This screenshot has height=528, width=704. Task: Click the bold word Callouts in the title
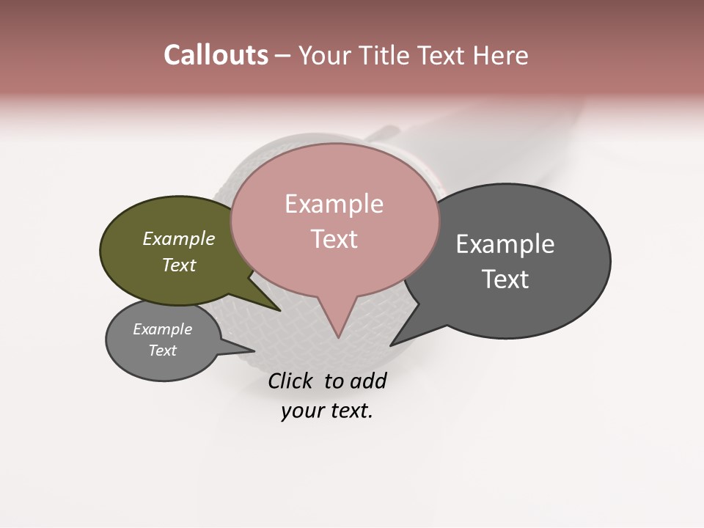[x=216, y=55]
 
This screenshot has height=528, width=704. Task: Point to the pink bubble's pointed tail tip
[x=338, y=337]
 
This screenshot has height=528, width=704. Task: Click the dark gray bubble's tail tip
[x=391, y=345]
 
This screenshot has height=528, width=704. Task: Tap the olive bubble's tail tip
[x=279, y=310]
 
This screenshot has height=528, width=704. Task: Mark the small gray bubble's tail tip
[x=254, y=351]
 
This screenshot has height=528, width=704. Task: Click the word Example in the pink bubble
[x=334, y=204]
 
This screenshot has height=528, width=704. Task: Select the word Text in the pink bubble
[x=334, y=239]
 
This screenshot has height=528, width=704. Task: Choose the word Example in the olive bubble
[x=179, y=238]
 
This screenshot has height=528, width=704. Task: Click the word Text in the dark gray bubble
[x=505, y=279]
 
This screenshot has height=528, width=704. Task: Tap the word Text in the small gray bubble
[x=163, y=351]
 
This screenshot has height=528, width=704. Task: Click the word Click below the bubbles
[x=292, y=381]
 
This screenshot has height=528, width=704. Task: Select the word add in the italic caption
[x=368, y=381]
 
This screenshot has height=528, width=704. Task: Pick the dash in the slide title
[x=284, y=55]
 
